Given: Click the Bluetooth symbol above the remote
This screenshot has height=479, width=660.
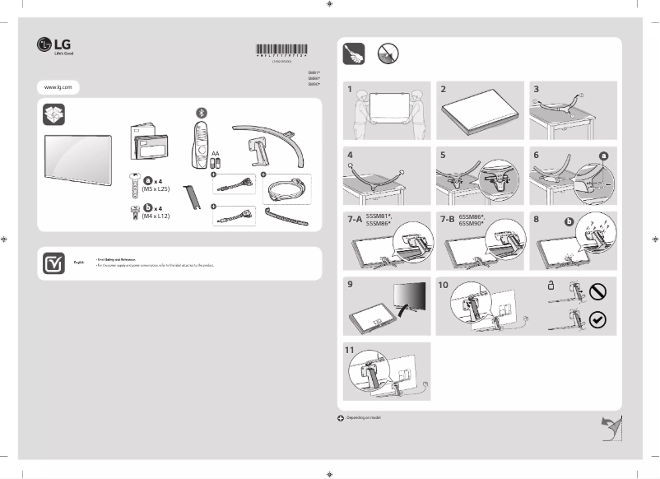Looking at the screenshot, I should [201, 112].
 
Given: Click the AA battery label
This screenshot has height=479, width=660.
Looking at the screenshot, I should [215, 154].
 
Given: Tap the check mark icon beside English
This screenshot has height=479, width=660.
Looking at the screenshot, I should [53, 263].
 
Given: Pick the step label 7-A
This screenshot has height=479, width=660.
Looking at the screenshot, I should [354, 221].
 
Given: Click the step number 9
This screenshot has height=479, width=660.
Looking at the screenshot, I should [350, 284].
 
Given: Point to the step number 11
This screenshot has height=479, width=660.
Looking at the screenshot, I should [351, 349].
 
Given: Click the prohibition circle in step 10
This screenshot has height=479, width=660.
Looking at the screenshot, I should [597, 291].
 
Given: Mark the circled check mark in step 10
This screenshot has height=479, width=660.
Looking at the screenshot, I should [597, 320].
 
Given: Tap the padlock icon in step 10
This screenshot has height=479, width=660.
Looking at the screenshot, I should [551, 286].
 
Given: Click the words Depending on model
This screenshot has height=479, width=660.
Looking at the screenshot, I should [365, 418].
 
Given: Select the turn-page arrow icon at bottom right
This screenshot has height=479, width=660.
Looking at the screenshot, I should [610, 427].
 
